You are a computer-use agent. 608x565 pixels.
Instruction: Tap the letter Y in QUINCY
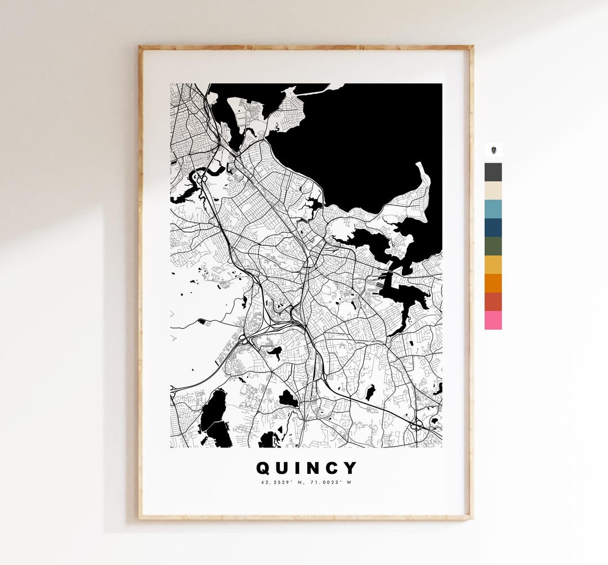[x=350, y=468]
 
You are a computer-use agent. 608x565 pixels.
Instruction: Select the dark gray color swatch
[x=493, y=172]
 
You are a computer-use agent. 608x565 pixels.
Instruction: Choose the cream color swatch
[x=493, y=191]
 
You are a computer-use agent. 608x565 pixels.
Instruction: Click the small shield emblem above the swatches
[x=493, y=150]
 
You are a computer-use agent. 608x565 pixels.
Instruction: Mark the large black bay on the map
[x=360, y=141]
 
